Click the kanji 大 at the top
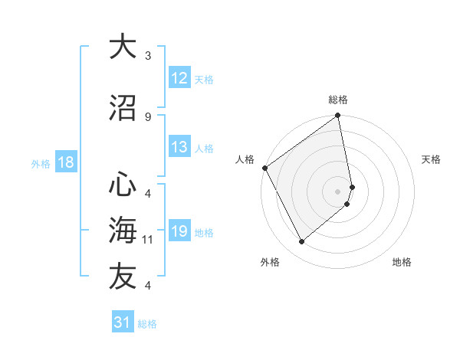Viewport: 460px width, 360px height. (123, 47)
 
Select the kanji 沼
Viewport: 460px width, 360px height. (123, 107)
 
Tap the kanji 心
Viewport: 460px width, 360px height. (123, 185)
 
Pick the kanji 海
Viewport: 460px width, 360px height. (123, 231)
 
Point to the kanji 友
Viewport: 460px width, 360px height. (123, 277)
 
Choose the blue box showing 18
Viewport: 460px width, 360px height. (65, 162)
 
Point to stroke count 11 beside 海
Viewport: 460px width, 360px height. (148, 240)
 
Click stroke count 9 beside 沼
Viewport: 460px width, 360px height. (148, 116)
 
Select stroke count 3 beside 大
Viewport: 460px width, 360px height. (148, 56)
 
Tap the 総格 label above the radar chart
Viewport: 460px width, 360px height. (338, 100)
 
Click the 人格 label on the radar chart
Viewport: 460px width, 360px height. (245, 159)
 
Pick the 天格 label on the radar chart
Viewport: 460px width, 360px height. (432, 159)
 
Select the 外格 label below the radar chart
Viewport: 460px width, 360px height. (270, 262)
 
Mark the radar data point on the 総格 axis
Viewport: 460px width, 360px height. (338, 116)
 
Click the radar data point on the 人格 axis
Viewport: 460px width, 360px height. (264, 168)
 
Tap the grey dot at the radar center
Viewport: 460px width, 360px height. (338, 191)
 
